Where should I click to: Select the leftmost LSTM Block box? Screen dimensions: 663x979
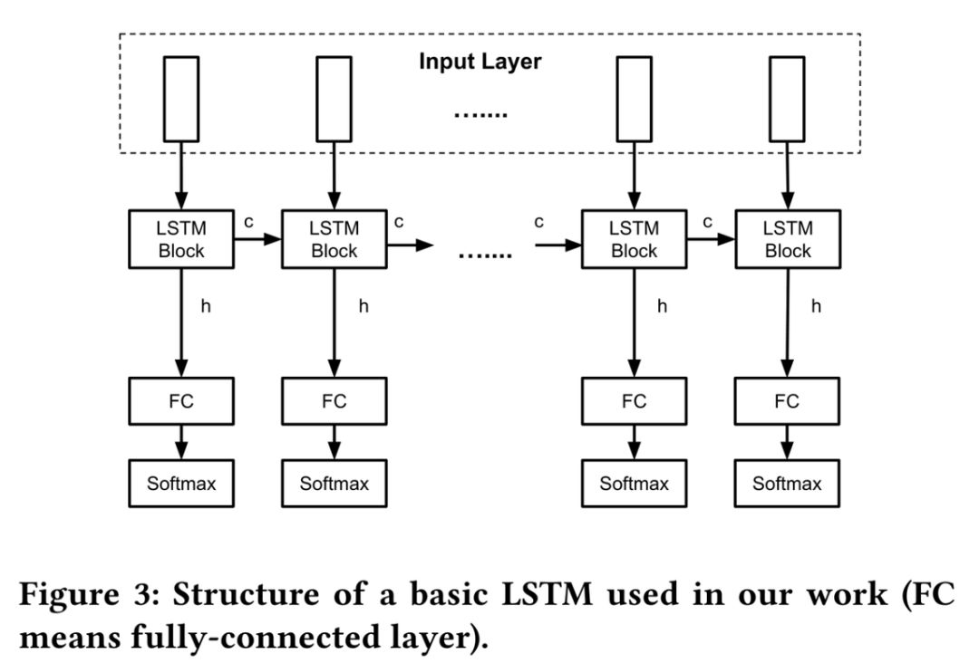(x=181, y=239)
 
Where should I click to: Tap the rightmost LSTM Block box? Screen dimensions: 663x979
(x=788, y=239)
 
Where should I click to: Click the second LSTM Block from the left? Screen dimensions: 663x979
(x=334, y=239)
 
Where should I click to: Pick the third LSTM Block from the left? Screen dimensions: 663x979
(x=634, y=239)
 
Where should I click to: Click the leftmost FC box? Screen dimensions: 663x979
(x=181, y=401)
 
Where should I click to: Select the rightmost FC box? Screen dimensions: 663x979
(x=788, y=401)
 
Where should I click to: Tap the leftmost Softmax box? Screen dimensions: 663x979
(x=181, y=483)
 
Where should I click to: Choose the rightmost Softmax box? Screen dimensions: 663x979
(x=788, y=483)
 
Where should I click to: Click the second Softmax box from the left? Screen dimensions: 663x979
(x=334, y=483)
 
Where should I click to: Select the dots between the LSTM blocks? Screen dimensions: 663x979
(x=484, y=255)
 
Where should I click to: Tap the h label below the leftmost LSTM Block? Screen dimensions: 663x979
(x=206, y=306)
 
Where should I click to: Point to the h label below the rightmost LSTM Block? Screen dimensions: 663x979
(x=816, y=306)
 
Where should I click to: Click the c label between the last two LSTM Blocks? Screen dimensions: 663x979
(x=708, y=222)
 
